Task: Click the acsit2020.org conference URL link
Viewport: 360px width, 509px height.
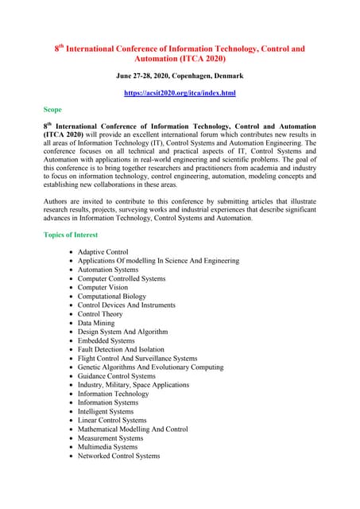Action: coord(179,93)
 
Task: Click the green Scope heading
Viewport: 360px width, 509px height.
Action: coord(54,110)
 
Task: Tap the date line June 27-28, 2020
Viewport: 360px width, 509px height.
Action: coord(179,76)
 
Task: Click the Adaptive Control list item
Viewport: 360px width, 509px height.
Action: coord(103,252)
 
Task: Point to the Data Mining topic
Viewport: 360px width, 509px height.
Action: coord(96,324)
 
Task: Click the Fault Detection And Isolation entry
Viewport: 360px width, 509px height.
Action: coord(121,350)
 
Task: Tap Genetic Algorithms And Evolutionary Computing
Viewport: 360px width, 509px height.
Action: coord(150,367)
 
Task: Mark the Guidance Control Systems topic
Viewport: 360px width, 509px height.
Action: coord(116,376)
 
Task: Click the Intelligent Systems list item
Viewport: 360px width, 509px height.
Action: coord(106,412)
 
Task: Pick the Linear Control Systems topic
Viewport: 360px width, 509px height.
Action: coord(112,421)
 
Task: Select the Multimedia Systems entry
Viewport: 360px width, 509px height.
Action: coord(107,447)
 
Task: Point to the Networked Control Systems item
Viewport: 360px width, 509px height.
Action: coord(118,456)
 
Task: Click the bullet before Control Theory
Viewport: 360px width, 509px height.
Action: coord(72,315)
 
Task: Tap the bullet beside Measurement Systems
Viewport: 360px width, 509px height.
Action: coord(72,438)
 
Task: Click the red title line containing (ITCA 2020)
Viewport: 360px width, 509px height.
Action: coord(179,59)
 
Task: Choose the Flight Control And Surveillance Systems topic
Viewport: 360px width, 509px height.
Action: coord(137,359)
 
